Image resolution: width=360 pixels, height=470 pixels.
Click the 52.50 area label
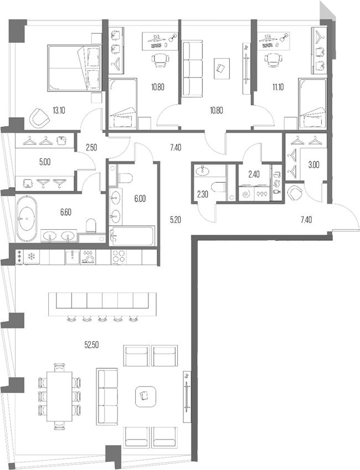tap(91, 345)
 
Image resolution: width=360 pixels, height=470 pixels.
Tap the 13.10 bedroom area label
tap(59, 111)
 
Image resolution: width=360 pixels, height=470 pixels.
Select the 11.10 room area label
tap(278, 87)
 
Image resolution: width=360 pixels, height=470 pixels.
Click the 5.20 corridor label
tap(176, 220)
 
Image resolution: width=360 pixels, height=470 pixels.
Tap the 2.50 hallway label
tap(91, 147)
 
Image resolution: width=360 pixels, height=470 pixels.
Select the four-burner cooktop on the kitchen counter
tap(119, 257)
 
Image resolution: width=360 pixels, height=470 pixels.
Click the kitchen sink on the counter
tap(73, 257)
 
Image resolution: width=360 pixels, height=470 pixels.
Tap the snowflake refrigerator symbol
tap(31, 257)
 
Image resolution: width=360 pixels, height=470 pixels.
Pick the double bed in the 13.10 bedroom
tap(74, 68)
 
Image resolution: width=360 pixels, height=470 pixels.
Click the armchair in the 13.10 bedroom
tap(39, 118)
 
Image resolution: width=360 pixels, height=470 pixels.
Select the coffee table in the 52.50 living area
tap(145, 396)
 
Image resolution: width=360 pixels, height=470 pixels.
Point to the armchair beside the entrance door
tap(295, 193)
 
